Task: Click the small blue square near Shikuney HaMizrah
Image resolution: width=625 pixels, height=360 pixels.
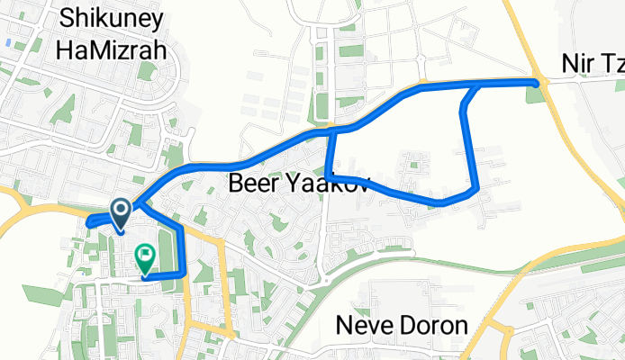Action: tap(8, 42)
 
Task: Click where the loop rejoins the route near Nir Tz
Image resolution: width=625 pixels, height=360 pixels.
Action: tap(475, 85)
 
